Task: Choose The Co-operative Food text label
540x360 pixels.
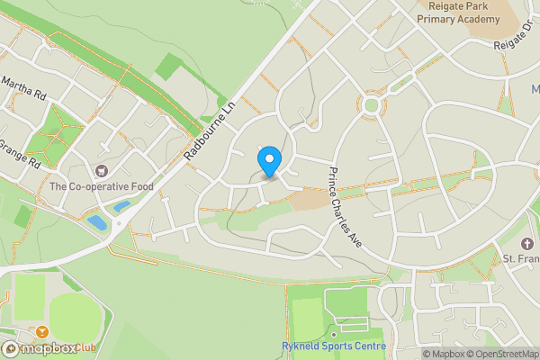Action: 101,186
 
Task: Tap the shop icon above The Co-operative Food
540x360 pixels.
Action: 101,171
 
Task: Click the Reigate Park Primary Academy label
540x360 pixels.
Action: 463,13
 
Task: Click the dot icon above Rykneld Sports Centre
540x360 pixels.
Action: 333,334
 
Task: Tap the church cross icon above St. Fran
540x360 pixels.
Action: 527,244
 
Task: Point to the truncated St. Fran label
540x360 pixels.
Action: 520,259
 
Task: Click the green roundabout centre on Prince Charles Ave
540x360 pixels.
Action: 371,106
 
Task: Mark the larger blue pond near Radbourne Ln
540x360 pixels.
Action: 97,221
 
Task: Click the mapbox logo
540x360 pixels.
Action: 36,347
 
